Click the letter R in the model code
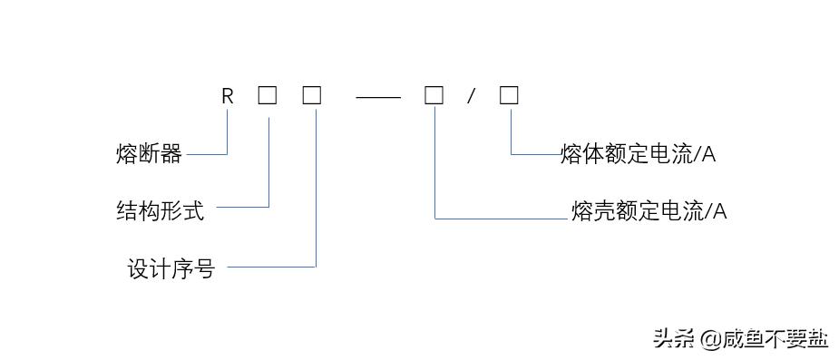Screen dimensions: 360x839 pyautogui.click(x=228, y=96)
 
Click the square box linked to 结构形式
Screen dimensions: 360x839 pyautogui.click(x=267, y=95)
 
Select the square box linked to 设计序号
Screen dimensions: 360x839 pyautogui.click(x=312, y=95)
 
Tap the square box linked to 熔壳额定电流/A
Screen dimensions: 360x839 pyautogui.click(x=434, y=95)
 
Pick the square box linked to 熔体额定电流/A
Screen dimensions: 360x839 pyautogui.click(x=509, y=95)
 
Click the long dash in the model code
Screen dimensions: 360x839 pyautogui.click(x=377, y=96)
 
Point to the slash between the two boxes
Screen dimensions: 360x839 pyautogui.click(x=471, y=96)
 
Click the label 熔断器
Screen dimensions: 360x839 pyautogui.click(x=149, y=154)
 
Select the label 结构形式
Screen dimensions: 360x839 pyautogui.click(x=161, y=211)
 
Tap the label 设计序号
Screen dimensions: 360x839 pyautogui.click(x=171, y=269)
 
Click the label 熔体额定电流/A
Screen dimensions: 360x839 pyautogui.click(x=638, y=154)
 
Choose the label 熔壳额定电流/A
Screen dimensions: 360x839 pyautogui.click(x=649, y=211)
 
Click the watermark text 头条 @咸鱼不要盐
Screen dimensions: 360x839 pyautogui.click(x=740, y=338)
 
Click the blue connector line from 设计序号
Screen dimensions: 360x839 pyautogui.click(x=272, y=267)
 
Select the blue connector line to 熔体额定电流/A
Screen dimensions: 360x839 pyautogui.click(x=535, y=155)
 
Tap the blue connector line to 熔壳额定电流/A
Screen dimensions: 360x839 pyautogui.click(x=499, y=219)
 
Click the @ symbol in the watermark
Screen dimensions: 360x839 pyautogui.click(x=709, y=339)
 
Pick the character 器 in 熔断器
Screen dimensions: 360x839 pyautogui.click(x=171, y=154)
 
